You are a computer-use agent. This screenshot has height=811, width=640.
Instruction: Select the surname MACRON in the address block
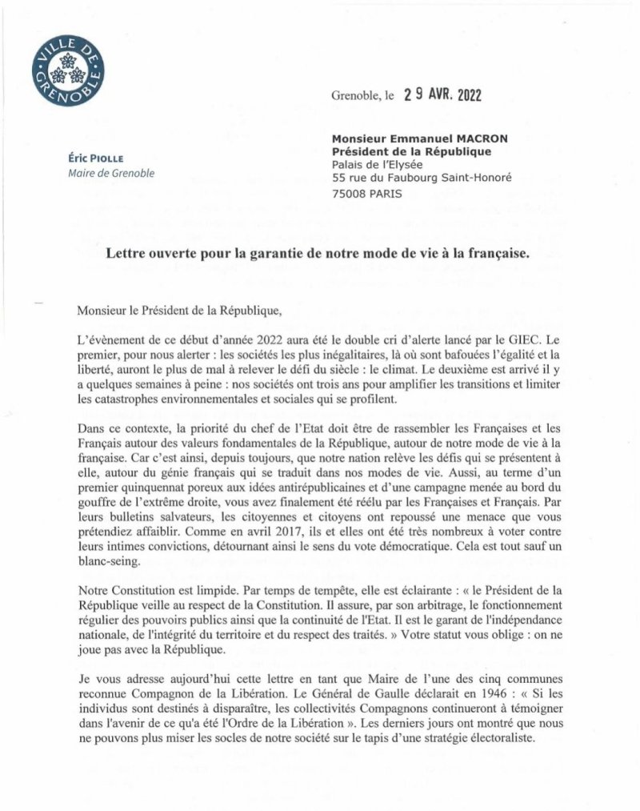[x=503, y=138]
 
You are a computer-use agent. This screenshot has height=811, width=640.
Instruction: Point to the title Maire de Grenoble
[x=110, y=174]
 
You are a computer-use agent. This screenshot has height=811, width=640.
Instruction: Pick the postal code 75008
[x=350, y=193]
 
